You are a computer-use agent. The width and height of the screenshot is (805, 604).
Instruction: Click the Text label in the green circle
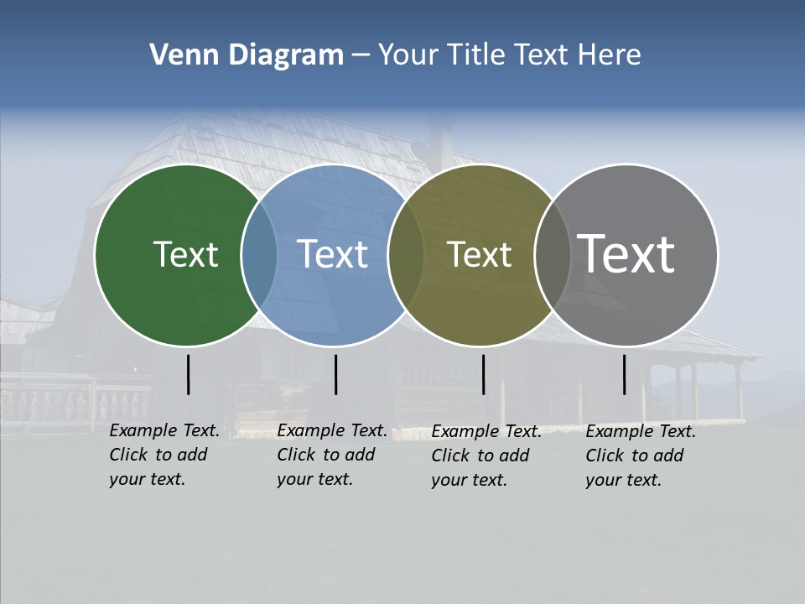click(185, 254)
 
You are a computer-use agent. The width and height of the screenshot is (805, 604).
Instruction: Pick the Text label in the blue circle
click(332, 254)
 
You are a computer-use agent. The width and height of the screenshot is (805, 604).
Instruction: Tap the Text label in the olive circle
click(479, 254)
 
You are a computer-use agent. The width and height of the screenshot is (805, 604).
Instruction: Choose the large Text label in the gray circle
click(626, 254)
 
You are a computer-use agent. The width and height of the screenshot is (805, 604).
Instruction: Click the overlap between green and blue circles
click(259, 255)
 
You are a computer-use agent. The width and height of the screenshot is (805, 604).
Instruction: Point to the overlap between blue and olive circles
click(406, 255)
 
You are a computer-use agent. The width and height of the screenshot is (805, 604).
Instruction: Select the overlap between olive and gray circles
click(552, 255)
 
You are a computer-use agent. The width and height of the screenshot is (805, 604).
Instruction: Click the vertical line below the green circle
click(188, 374)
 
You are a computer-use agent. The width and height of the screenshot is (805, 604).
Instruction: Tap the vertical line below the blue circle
click(335, 374)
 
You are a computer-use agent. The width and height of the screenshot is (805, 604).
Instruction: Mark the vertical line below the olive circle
click(483, 374)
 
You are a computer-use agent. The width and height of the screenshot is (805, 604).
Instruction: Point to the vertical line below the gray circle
click(625, 374)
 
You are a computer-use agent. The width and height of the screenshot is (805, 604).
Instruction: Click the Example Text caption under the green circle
click(164, 455)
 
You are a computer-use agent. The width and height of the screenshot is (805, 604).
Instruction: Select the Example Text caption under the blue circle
click(331, 455)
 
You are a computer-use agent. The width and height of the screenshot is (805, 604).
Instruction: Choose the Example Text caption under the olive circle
click(486, 456)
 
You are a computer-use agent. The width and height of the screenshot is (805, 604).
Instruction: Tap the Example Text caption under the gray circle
click(640, 456)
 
